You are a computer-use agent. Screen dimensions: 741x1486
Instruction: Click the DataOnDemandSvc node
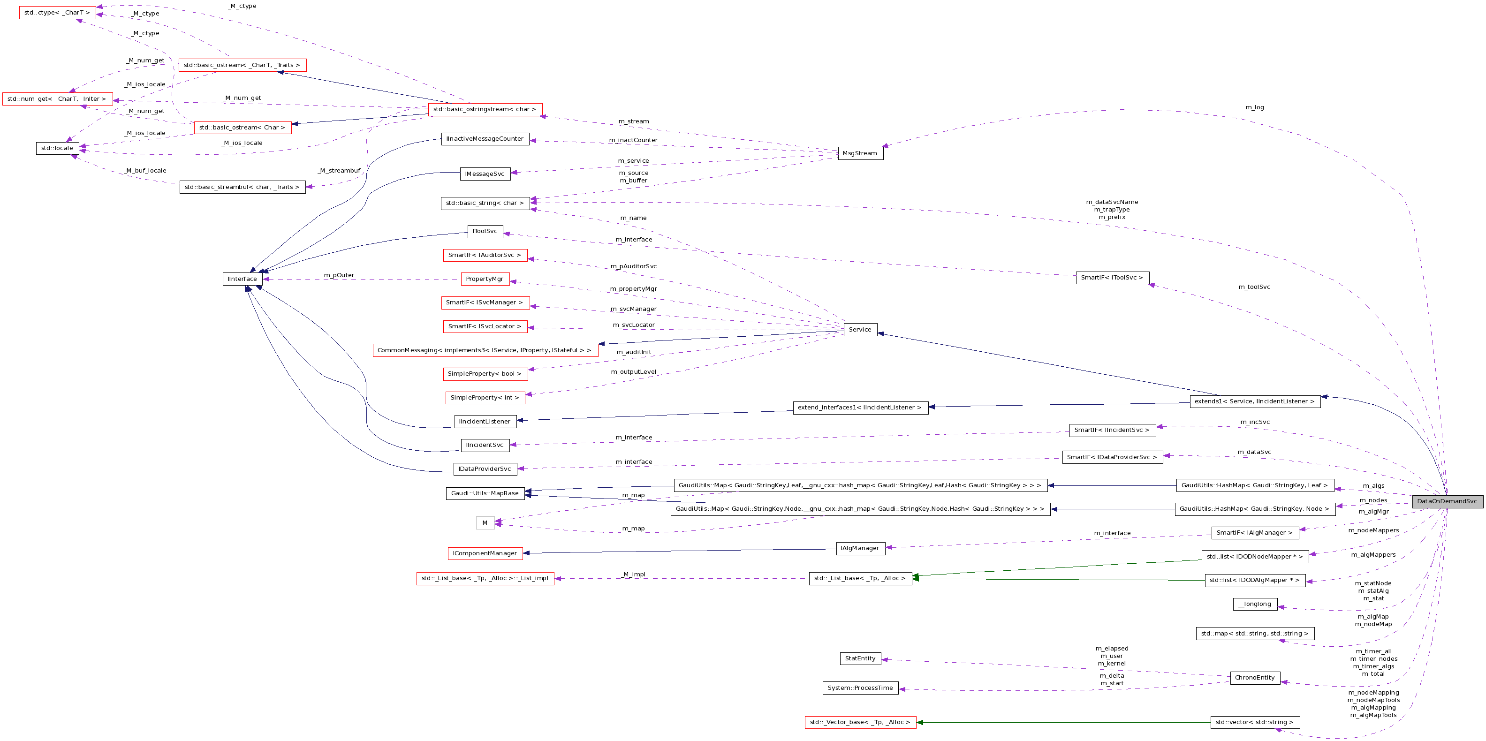pyautogui.click(x=1447, y=501)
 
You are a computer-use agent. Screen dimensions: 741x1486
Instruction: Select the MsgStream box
pyautogui.click(x=860, y=153)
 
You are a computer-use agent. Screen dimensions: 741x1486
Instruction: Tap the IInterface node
pyautogui.click(x=243, y=279)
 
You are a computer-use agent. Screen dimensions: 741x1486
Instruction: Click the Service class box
pyautogui.click(x=860, y=330)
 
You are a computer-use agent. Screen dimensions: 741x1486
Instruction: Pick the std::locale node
pyautogui.click(x=57, y=148)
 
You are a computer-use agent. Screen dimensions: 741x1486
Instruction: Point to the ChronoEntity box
pyautogui.click(x=1255, y=678)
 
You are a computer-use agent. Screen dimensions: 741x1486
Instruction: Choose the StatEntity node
pyautogui.click(x=860, y=658)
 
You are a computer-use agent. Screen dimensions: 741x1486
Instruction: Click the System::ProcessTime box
pyautogui.click(x=860, y=688)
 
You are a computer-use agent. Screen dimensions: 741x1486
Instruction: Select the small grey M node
pyautogui.click(x=485, y=523)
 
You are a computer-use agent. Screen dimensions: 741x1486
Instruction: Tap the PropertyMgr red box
pyautogui.click(x=485, y=279)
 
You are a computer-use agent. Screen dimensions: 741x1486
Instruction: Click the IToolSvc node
pyautogui.click(x=485, y=231)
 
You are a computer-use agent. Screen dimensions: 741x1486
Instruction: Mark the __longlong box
pyautogui.click(x=1255, y=605)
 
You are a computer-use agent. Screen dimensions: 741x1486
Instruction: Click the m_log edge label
pyautogui.click(x=1254, y=107)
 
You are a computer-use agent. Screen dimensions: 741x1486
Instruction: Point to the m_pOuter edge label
pyautogui.click(x=339, y=275)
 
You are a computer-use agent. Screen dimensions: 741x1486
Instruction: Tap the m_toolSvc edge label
pyautogui.click(x=1254, y=287)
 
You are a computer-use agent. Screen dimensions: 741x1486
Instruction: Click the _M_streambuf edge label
pyautogui.click(x=339, y=171)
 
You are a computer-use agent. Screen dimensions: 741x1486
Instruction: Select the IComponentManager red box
pyautogui.click(x=485, y=553)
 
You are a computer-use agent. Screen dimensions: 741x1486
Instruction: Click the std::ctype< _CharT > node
pyautogui.click(x=57, y=13)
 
